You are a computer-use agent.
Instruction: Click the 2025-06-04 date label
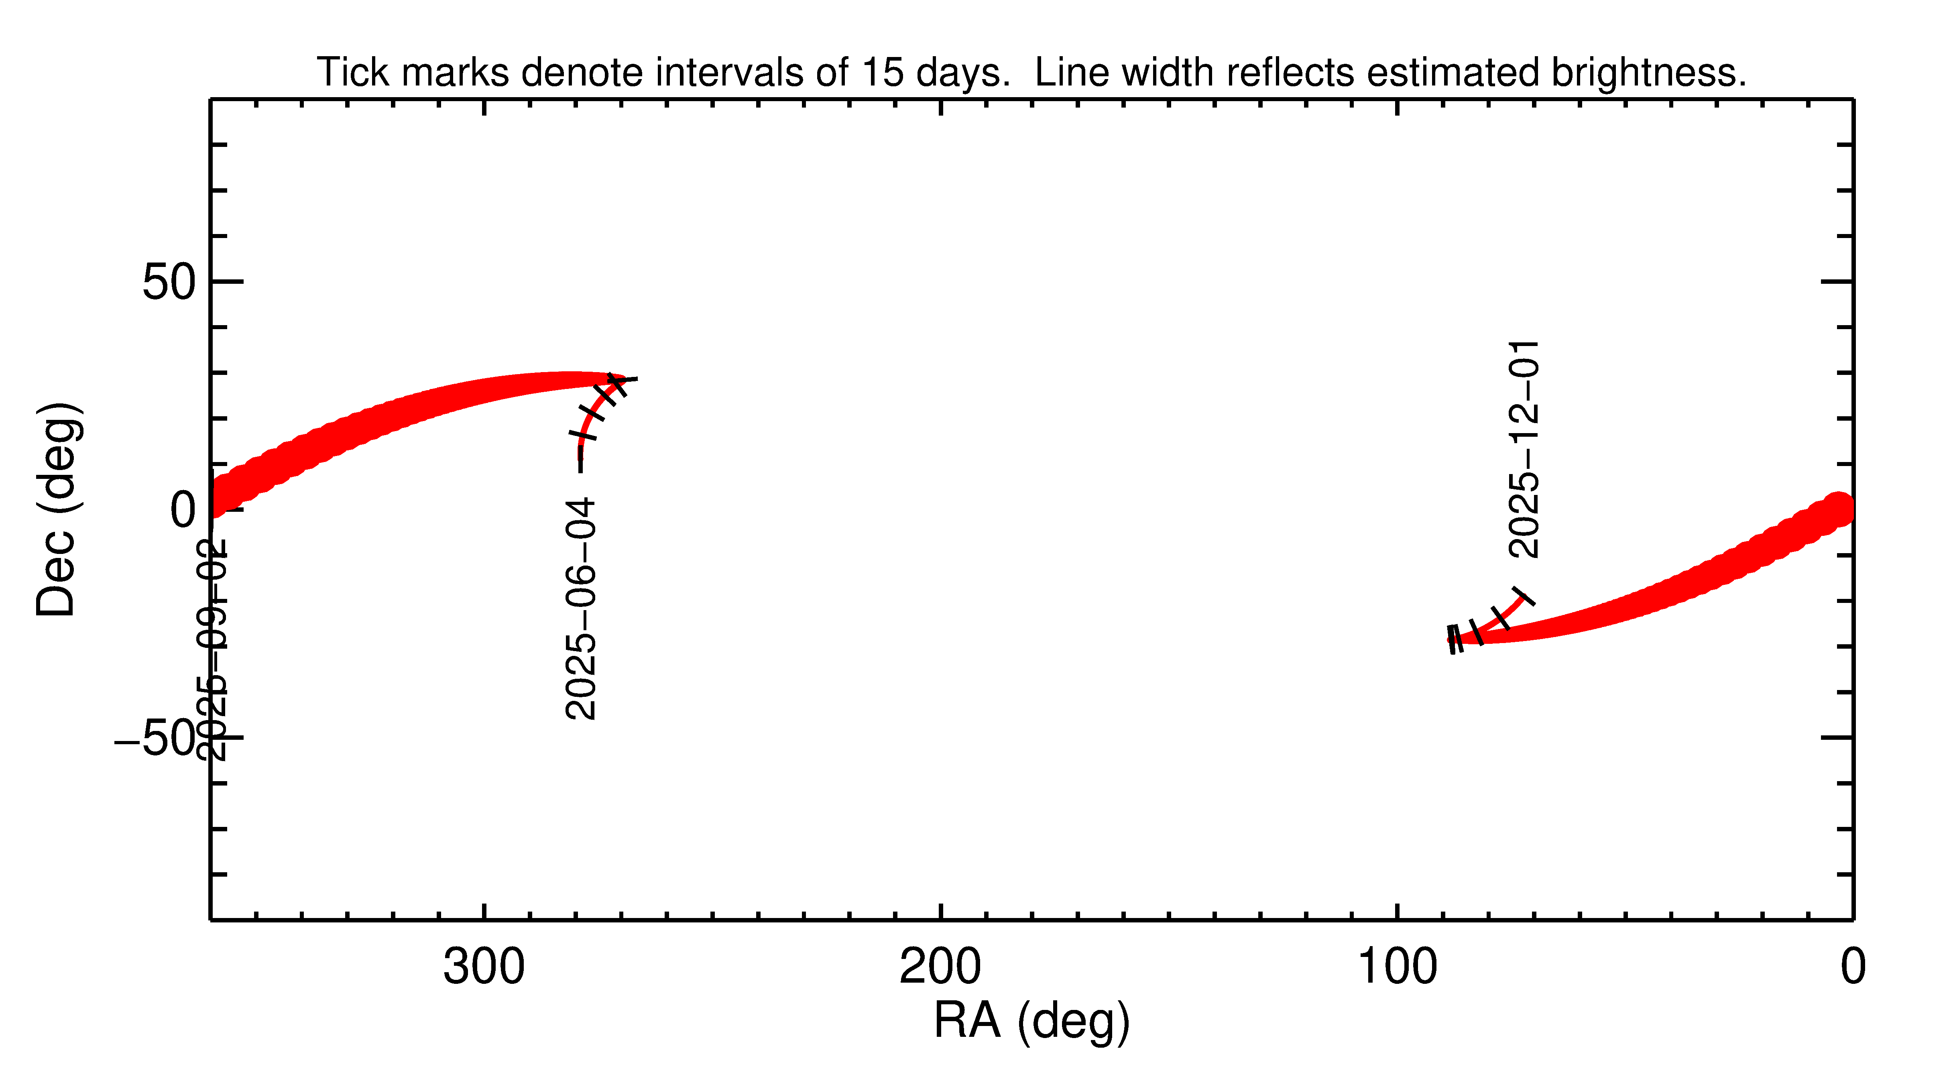click(x=581, y=608)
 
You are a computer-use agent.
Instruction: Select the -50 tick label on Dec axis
click(x=155, y=739)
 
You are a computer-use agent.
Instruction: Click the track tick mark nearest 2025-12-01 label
click(x=1524, y=596)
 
